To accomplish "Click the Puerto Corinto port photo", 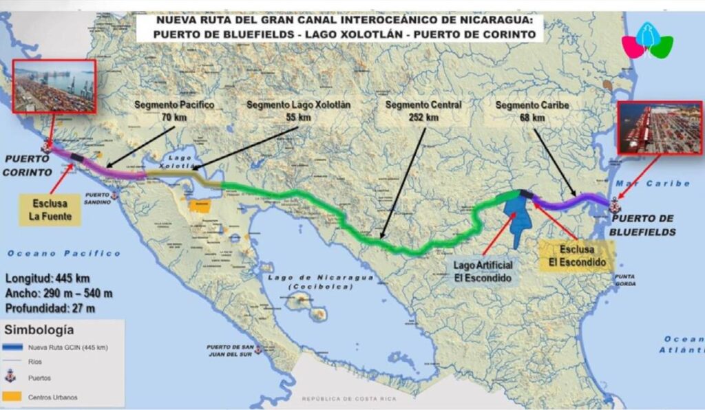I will coord(54,86).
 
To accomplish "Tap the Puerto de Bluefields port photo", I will coord(660,127).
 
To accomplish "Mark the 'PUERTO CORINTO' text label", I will coord(27,166).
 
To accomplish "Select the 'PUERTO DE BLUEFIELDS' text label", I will coord(644,225).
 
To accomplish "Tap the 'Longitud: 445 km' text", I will coord(50,279).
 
